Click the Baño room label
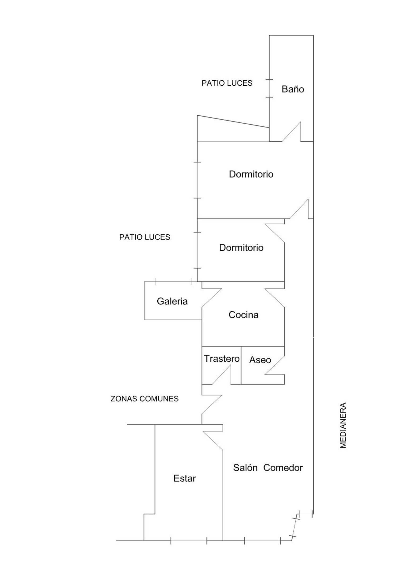click(293, 89)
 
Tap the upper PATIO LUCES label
click(227, 83)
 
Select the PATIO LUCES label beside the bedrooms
click(145, 237)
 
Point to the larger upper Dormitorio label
click(251, 174)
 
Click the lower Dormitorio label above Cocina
click(241, 248)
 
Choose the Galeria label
click(172, 301)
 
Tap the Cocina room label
click(243, 315)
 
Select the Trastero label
click(222, 359)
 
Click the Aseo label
click(260, 360)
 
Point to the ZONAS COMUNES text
click(145, 399)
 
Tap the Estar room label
click(185, 479)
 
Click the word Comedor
click(283, 468)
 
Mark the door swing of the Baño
click(292, 132)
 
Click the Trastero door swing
click(222, 375)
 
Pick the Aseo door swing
click(275, 365)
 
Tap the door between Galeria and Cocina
click(212, 298)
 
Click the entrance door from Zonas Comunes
click(212, 404)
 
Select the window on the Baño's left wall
click(269, 88)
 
